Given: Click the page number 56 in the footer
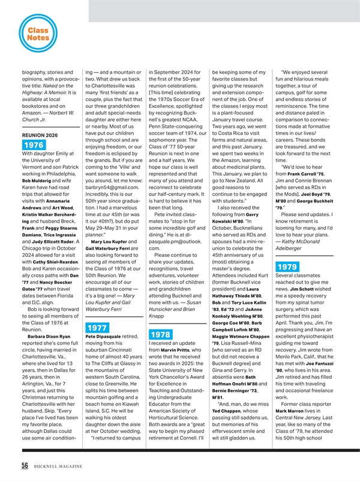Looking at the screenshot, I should click(x=27, y=468).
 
